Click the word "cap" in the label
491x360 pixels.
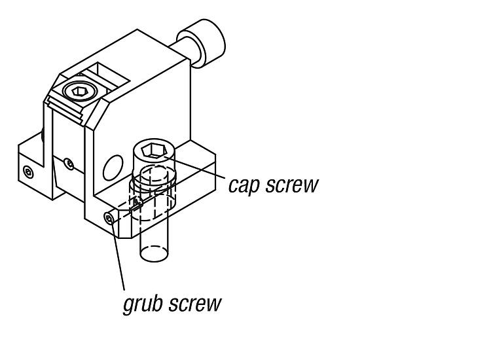tap(244, 185)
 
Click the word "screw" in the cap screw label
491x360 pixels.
tap(291, 185)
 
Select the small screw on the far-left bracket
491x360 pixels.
tap(27, 171)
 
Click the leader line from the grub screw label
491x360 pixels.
tap(118, 255)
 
